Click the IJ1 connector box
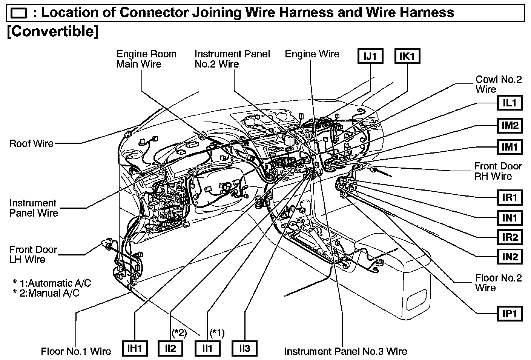coord(370,56)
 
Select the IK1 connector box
coord(407,56)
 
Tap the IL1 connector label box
coord(510,103)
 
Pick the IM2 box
coord(510,125)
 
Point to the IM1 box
coord(510,146)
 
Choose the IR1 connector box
coord(510,197)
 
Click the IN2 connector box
coord(510,257)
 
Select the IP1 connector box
coord(510,313)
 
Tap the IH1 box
coord(135,348)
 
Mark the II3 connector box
coord(245,348)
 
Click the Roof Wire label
coord(31,143)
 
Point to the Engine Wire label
coord(312,54)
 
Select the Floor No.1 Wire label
coord(76,352)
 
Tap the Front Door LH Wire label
coord(33,255)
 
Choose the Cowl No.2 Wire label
coord(498,84)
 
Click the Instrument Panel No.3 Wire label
coord(345,352)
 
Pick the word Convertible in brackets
coord(52,31)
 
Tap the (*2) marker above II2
coord(179,333)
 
